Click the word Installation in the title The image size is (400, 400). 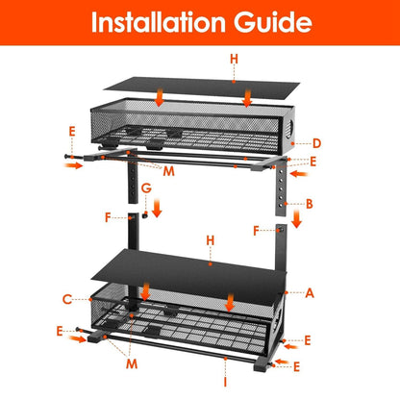pyautogui.click(x=159, y=23)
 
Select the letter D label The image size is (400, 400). pyautogui.click(x=316, y=144)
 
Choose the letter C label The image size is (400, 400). pyautogui.click(x=67, y=299)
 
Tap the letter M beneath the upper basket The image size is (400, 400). pyautogui.click(x=168, y=171)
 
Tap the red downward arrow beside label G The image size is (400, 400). pyautogui.click(x=158, y=206)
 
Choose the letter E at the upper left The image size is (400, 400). pyautogui.click(x=71, y=129)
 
